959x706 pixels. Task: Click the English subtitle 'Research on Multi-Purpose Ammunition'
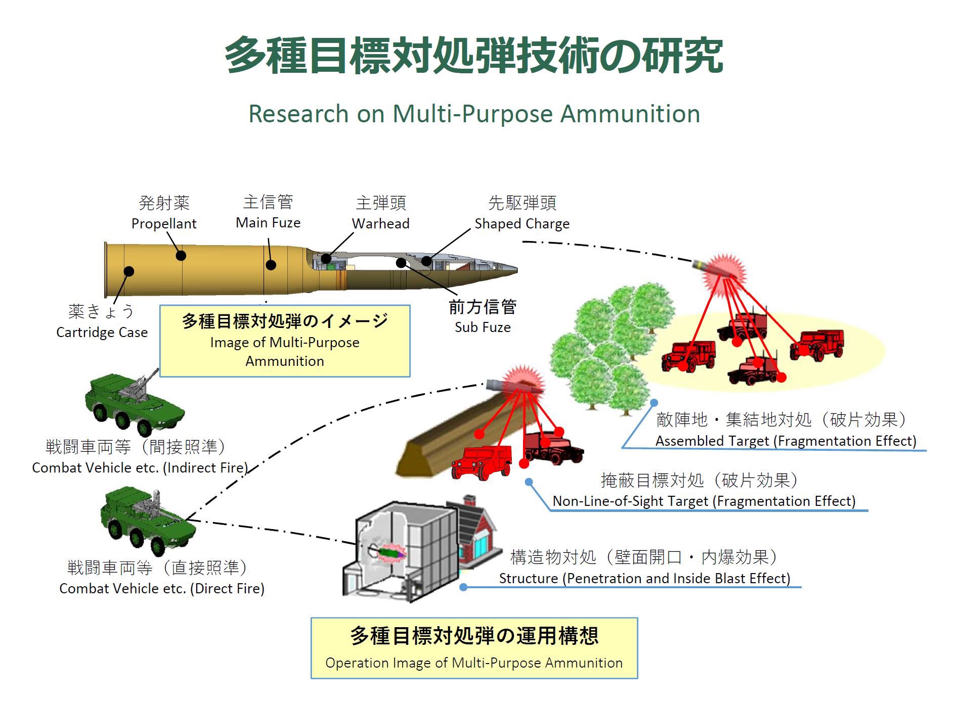[x=474, y=114]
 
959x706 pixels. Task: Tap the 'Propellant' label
[x=164, y=223]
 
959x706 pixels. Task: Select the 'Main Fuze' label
[x=268, y=222]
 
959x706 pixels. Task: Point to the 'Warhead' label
[x=380, y=223]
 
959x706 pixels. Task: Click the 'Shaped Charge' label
[x=521, y=223]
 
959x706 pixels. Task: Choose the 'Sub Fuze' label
[x=483, y=327]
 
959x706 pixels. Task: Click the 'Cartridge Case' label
[x=102, y=332]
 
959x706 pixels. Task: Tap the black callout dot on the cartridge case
[x=129, y=271]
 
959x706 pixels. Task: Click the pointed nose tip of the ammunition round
[x=515, y=270]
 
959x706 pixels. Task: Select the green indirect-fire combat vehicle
[x=134, y=402]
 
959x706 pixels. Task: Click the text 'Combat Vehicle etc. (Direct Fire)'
[x=162, y=588]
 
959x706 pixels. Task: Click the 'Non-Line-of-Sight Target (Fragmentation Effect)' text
[x=704, y=501]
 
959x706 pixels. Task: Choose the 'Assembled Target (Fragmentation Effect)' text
[x=786, y=441]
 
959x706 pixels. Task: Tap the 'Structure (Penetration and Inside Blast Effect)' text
[x=644, y=578]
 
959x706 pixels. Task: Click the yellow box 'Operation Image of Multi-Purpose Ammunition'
[x=474, y=648]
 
